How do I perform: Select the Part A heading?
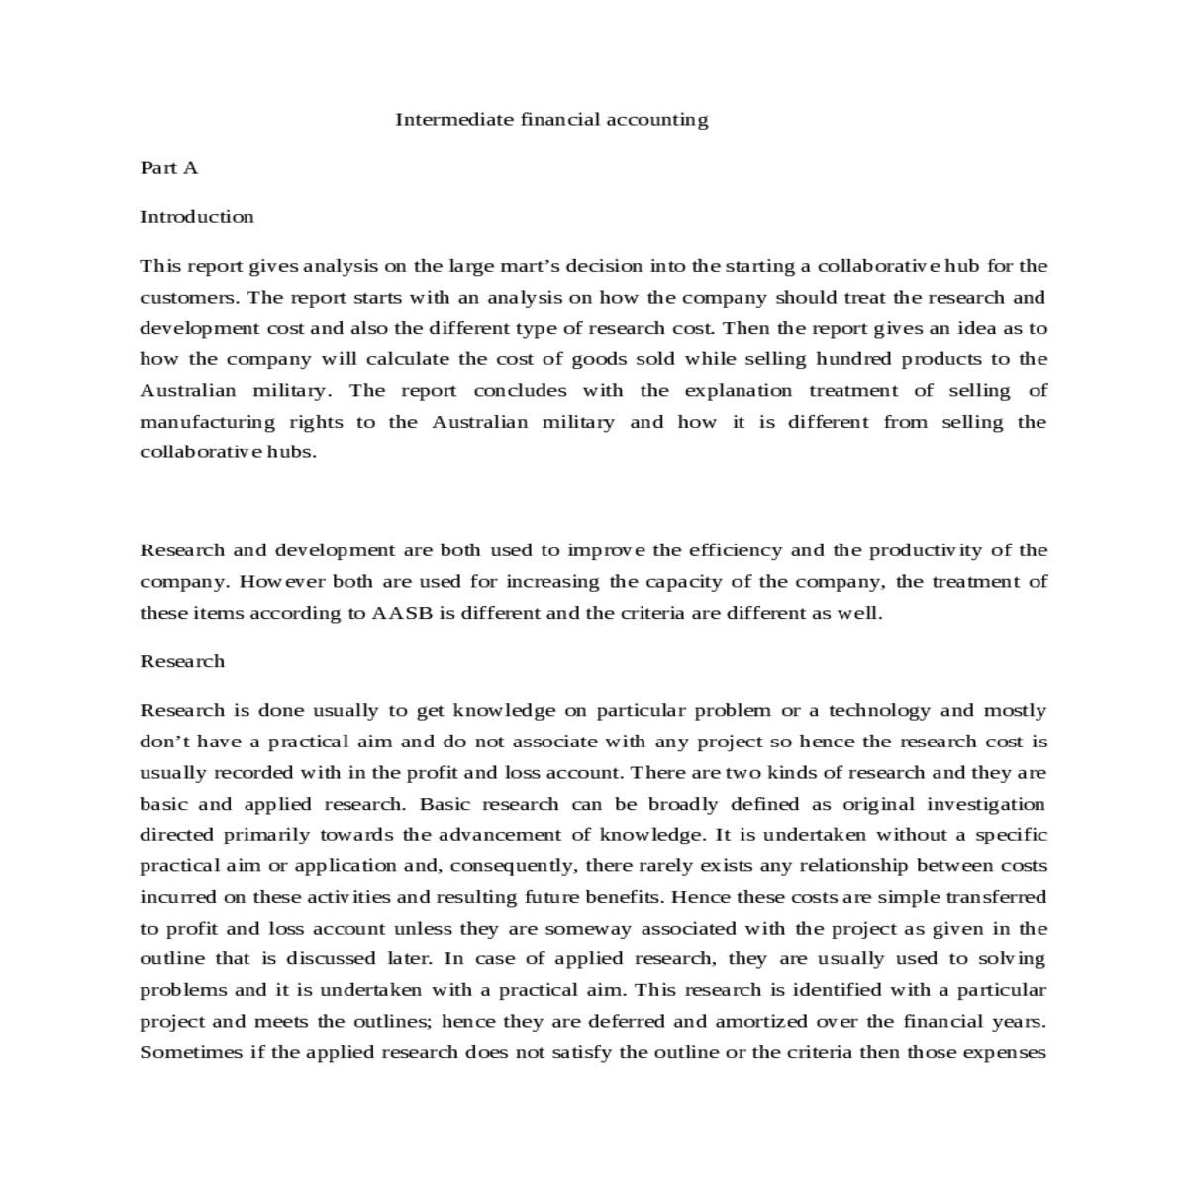tap(169, 168)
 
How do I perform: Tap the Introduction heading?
tap(197, 217)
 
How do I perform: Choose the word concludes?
tap(520, 391)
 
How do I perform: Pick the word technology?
tap(879, 710)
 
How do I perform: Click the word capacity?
tap(682, 582)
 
